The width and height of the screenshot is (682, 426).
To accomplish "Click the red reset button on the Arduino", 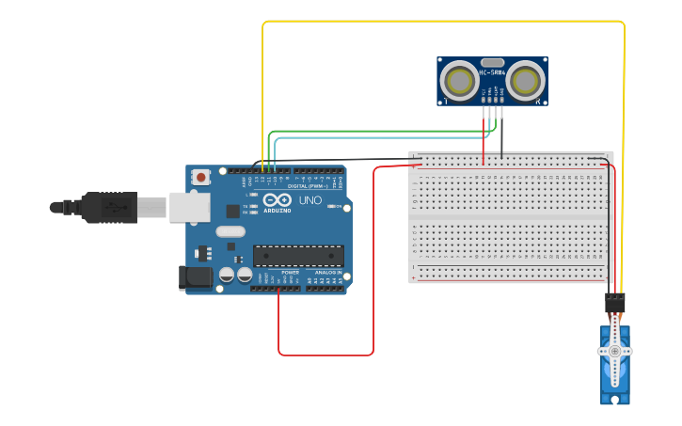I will (x=201, y=177).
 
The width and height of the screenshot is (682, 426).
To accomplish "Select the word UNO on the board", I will (x=310, y=200).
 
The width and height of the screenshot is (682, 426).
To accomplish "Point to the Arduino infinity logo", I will (x=277, y=200).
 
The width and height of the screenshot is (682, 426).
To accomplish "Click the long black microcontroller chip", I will (x=298, y=256).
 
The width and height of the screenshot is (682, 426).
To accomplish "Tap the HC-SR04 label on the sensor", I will (x=492, y=71).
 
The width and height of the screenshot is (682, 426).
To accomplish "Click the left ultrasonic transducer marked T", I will (x=460, y=80).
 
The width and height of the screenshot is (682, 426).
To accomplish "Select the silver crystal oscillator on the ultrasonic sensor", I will (x=492, y=62).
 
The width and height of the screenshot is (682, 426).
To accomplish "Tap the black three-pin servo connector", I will (x=614, y=303).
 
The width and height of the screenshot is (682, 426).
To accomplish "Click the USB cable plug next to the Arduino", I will (x=108, y=207).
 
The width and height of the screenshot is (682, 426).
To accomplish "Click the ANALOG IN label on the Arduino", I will (x=328, y=273).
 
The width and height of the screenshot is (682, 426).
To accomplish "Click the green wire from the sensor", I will (x=376, y=132).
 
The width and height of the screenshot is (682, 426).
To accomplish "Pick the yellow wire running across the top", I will (x=442, y=21).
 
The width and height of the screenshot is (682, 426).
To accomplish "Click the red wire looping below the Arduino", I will (x=325, y=355).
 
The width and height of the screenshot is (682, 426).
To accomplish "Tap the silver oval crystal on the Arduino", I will (x=230, y=231).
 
